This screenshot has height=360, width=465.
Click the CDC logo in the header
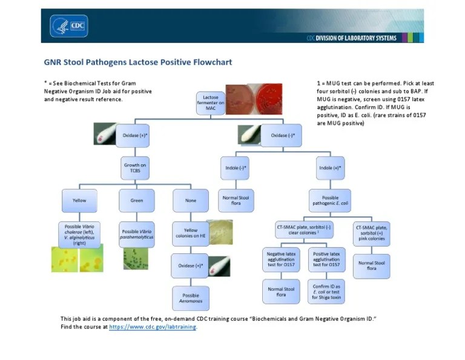point(69,25)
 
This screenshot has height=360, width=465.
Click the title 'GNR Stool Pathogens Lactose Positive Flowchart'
point(138,62)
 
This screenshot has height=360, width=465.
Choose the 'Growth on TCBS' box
point(135,167)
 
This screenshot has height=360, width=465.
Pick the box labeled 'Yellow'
point(80,199)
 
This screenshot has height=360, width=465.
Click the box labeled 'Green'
point(136,199)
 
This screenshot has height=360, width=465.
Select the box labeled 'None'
point(191,199)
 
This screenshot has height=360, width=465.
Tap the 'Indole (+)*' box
point(330,167)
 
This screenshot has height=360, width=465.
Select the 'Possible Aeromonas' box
point(191,298)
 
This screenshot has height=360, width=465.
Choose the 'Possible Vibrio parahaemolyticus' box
point(137,234)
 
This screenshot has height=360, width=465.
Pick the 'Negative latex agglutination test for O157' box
point(281,260)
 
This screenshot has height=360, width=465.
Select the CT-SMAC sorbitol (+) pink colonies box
point(371,233)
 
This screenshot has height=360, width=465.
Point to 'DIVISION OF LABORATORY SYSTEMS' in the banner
point(357,38)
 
